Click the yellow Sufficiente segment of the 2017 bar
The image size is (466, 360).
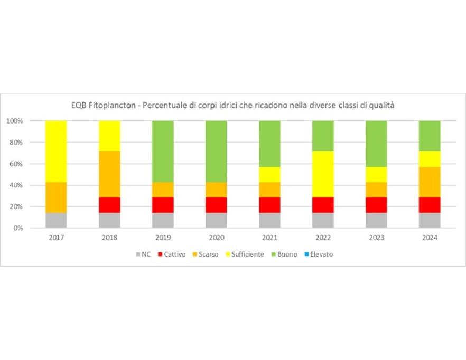pos(56,151)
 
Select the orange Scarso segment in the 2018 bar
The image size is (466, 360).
pos(109,174)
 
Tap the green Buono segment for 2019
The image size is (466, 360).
pos(163,151)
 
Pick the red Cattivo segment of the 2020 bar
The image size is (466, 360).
pos(216,205)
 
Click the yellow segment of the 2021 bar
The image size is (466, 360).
pos(269,174)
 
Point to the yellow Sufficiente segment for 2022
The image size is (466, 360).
pos(323,174)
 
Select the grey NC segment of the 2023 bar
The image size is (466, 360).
pos(376,220)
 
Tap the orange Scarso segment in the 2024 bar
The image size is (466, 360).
pos(430,182)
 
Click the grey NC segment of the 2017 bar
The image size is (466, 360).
pos(56,220)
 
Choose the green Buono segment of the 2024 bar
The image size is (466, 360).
pos(430,136)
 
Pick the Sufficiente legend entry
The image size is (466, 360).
pos(244,254)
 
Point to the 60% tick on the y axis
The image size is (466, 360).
pos(14,164)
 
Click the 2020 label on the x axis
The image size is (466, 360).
pos(216,238)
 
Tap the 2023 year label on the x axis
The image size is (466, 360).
pos(376,238)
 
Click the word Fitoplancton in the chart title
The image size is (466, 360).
pos(110,105)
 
